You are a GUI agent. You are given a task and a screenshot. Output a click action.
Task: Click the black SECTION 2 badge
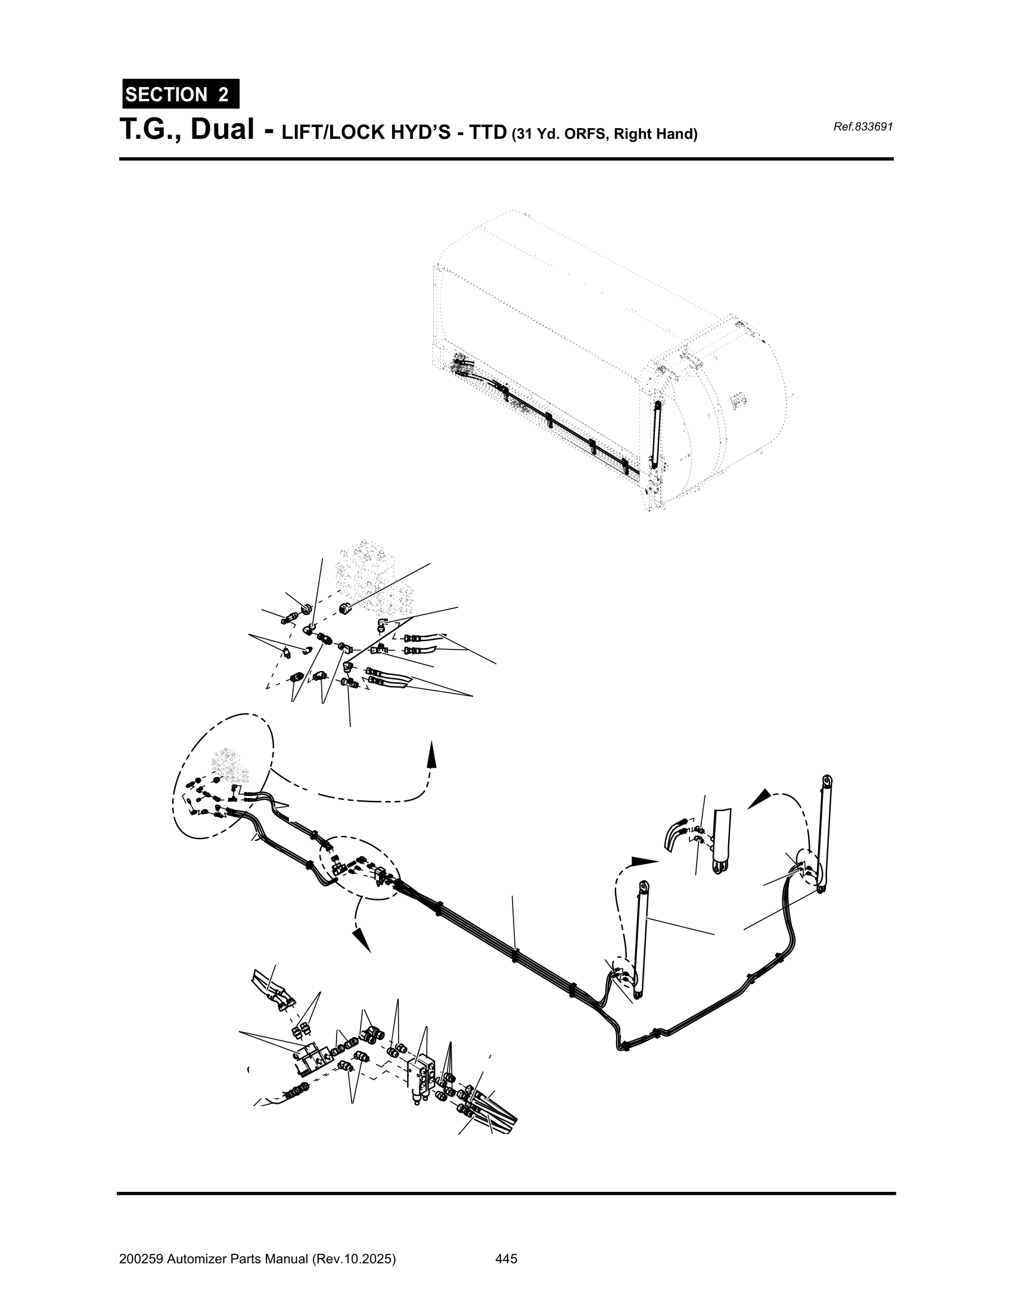click(181, 94)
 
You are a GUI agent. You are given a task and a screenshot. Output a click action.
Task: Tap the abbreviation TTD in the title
click(488, 133)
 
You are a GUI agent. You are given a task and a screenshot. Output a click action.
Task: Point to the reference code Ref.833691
click(863, 127)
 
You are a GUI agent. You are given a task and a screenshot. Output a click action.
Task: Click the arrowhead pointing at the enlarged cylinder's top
click(759, 799)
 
